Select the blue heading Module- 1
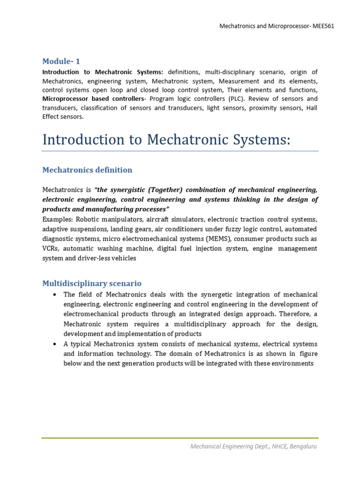(61, 61)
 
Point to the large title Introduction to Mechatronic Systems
(166, 140)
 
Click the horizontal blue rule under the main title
(180, 151)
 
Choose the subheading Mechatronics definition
(87, 170)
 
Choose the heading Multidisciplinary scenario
(92, 283)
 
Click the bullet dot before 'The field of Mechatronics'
(55, 294)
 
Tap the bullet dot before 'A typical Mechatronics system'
(55, 344)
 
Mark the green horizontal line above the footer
(180, 438)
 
